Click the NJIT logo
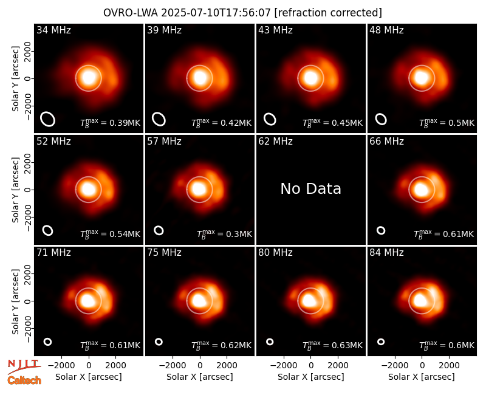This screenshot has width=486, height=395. (24, 366)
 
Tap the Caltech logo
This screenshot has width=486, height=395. (24, 380)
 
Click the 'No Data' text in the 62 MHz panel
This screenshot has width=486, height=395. (310, 188)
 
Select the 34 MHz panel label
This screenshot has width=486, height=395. (53, 30)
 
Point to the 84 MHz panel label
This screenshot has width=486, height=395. (386, 253)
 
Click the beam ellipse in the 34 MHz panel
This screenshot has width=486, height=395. (48, 119)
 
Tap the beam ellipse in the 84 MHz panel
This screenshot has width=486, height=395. (381, 342)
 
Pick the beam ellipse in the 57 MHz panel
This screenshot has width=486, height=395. (159, 230)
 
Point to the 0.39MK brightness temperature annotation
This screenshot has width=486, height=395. (125, 123)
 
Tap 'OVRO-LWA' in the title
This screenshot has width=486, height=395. (131, 13)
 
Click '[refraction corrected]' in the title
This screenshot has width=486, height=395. (328, 13)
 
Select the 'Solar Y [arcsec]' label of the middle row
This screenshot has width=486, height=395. (15, 190)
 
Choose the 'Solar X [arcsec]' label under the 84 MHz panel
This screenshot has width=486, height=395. (422, 377)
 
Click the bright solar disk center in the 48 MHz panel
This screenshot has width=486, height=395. (422, 78)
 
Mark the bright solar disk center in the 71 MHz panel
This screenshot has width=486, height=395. (88, 300)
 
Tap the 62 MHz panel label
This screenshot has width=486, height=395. (276, 142)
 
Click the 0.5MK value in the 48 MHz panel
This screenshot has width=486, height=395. (462, 123)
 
